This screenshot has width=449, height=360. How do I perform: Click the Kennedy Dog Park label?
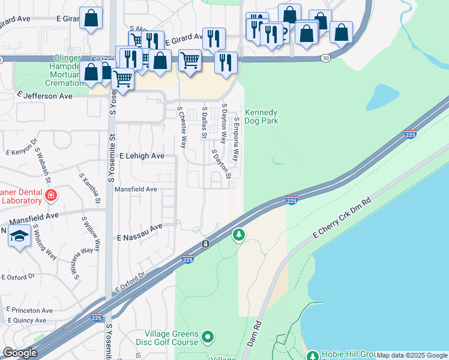point(261,116)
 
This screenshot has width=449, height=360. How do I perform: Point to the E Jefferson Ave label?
point(45,95)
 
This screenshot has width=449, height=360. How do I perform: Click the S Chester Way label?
point(181,127)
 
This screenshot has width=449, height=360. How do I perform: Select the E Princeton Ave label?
point(30,310)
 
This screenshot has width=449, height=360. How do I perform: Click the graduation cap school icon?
point(19,235)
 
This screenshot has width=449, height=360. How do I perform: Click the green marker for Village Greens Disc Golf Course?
point(208,337)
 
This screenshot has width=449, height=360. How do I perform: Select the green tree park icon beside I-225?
point(239,234)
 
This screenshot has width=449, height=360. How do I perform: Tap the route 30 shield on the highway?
point(325,58)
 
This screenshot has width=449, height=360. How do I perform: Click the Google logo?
point(20,353)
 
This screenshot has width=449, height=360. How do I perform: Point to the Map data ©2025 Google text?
point(412,355)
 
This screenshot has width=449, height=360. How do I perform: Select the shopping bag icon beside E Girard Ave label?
point(91,19)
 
